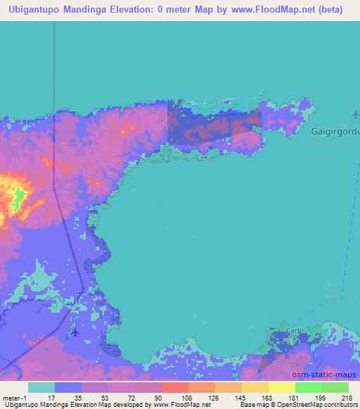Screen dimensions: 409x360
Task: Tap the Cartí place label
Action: (293, 330)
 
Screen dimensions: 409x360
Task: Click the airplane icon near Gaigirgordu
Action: (356, 114)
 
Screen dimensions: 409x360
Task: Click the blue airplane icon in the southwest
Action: (75, 332)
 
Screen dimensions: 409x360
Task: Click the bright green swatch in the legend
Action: (308, 387)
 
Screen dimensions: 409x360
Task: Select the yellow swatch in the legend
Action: (281, 387)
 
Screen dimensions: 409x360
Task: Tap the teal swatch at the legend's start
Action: (41, 387)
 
